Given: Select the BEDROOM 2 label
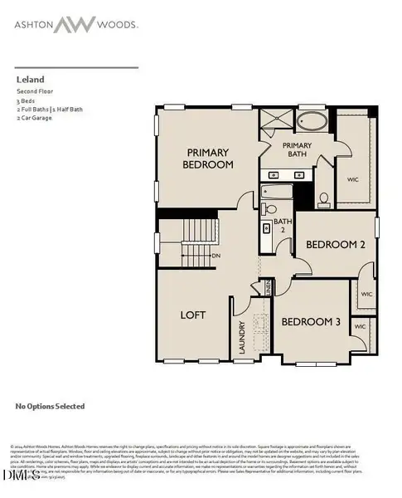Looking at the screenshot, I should tap(336, 245).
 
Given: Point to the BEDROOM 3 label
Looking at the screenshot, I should tap(310, 321).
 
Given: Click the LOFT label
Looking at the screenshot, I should tap(192, 315).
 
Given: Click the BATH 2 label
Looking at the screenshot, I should tap(283, 225).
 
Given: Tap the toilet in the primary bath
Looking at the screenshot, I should tap(324, 198).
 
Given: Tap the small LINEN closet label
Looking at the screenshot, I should tap(267, 287).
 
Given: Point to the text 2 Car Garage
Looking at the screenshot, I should tap(36, 119).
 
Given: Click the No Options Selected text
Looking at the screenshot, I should tap(50, 407).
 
